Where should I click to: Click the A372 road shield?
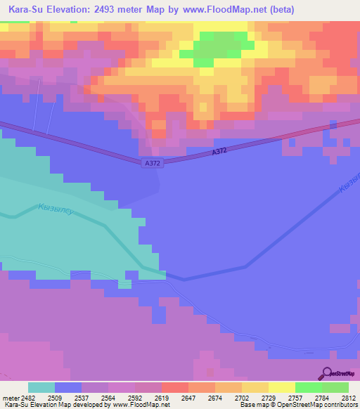(148, 162)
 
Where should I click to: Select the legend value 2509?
(54, 396)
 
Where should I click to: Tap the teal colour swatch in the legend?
(41, 387)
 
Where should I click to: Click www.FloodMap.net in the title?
(217, 9)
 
